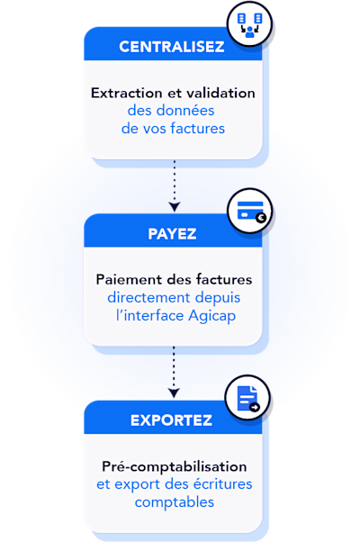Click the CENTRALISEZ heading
172,47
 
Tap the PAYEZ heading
172,234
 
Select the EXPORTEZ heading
171,420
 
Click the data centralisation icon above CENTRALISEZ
249,25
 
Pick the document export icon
248,399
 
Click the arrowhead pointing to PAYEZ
175,207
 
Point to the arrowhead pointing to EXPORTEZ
174,393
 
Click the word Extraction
126,93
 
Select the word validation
220,93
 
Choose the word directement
148,298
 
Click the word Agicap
212,316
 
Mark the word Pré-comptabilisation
175,466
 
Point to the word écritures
222,484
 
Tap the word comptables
175,502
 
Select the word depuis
218,298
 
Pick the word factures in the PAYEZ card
224,279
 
